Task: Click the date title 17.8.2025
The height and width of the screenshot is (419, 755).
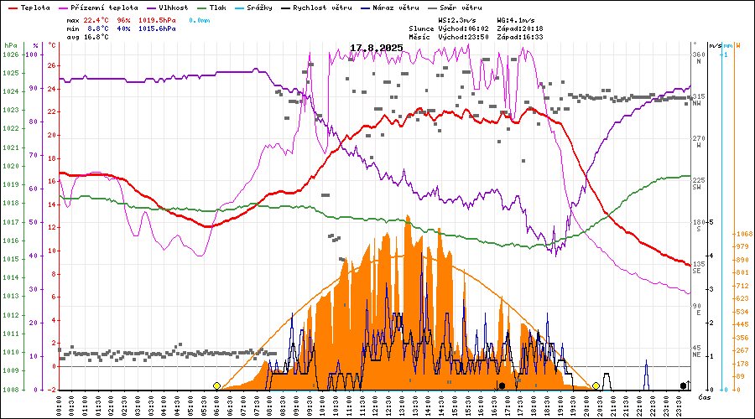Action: click(x=376, y=48)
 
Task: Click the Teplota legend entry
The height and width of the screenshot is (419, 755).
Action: click(x=35, y=7)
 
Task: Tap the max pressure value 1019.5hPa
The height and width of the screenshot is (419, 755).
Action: click(x=157, y=18)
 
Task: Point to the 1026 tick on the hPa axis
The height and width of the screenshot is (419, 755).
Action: click(x=10, y=54)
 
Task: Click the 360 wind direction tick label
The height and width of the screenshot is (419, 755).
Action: click(x=697, y=54)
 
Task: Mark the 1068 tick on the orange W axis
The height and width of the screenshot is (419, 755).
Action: click(x=742, y=234)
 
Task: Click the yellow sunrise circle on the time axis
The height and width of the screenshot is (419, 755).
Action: click(x=216, y=385)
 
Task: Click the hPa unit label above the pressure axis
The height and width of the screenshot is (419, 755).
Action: click(x=9, y=45)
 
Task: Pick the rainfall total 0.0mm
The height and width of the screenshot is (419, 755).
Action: click(x=200, y=18)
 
